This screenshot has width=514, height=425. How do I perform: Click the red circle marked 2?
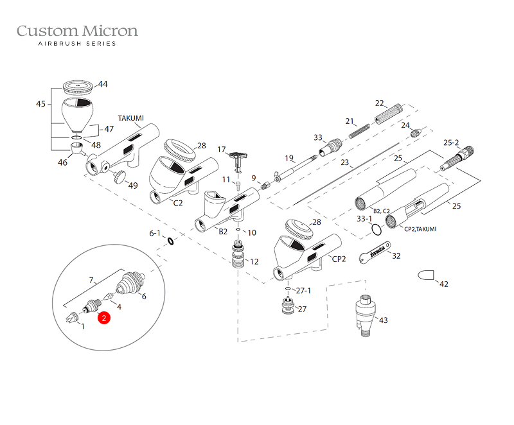[x=104, y=318]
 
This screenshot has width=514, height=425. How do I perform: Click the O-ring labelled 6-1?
[x=171, y=241]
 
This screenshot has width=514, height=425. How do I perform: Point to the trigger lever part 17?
[x=238, y=161]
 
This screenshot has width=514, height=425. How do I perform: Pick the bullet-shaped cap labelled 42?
[x=426, y=275]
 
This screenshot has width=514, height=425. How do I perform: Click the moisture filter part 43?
[x=365, y=315]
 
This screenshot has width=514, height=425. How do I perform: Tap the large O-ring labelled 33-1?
[x=377, y=230]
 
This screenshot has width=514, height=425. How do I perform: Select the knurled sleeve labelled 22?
[x=389, y=114]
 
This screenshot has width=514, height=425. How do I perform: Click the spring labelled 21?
[x=359, y=131]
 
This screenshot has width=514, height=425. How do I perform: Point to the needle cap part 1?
[x=72, y=317]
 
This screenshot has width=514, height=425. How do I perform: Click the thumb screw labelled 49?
[x=120, y=177]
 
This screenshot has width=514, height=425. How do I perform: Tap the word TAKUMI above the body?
[x=131, y=118]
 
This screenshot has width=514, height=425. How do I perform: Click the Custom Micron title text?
[x=77, y=31]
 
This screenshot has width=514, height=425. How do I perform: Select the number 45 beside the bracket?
[x=40, y=104]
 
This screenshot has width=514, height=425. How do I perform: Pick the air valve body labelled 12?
[x=238, y=254]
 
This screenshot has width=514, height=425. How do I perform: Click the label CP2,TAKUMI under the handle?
[x=420, y=229]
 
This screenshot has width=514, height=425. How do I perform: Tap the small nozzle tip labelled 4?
[x=107, y=297]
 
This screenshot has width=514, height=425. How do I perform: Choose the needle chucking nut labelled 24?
[x=416, y=133]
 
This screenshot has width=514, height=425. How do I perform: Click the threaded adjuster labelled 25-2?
[x=457, y=159]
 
